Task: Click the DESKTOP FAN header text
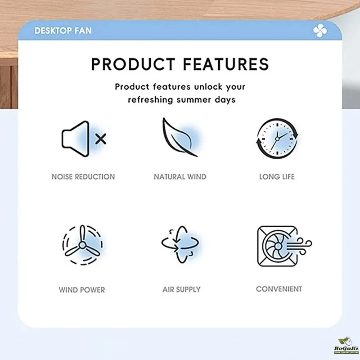tap(63, 31)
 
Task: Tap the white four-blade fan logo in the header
tap(320, 31)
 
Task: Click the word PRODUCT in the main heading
tap(133, 64)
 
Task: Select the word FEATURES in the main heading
tap(226, 64)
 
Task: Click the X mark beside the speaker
tap(100, 139)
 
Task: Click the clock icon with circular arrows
tap(277, 139)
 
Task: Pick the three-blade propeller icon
tap(82, 245)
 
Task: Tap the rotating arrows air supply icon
tap(180, 244)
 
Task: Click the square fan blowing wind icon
tap(284, 246)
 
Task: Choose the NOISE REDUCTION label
tap(83, 177)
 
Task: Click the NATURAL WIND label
tap(180, 177)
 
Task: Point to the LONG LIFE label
tap(277, 177)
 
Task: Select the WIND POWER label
tap(82, 290)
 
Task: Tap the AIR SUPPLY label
tap(181, 289)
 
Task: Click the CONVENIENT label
tap(279, 289)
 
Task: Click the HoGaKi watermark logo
tap(346, 346)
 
